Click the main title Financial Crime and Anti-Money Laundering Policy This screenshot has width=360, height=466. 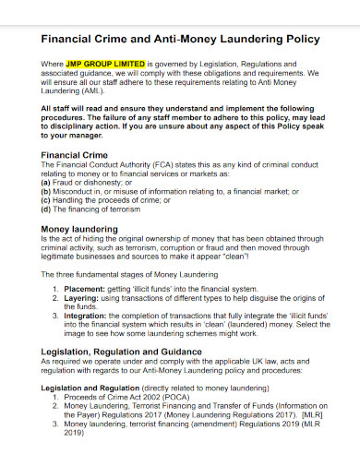pyautogui.click(x=181, y=40)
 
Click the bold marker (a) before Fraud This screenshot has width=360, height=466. pyautogui.click(x=46, y=183)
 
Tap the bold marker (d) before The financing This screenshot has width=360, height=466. pyautogui.click(x=46, y=208)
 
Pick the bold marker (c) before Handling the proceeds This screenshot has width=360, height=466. pyautogui.click(x=46, y=199)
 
